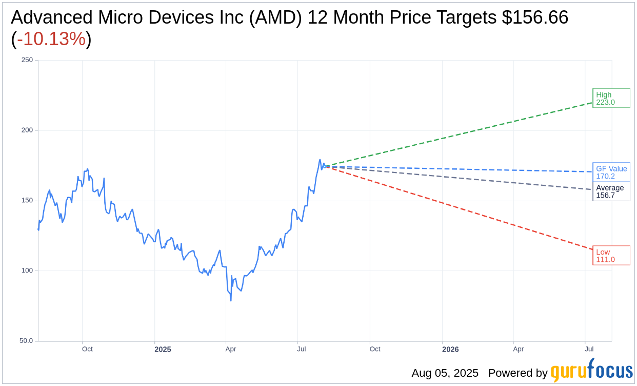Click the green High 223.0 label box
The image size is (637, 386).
tap(611, 98)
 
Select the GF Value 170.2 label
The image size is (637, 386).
tap(611, 172)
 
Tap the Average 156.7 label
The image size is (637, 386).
tap(611, 191)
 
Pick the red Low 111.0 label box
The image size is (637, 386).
tap(611, 255)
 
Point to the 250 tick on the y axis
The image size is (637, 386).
tap(27, 60)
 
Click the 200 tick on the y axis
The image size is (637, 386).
tap(27, 130)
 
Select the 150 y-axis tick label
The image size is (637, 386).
tap(27, 201)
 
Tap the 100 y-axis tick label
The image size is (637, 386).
tap(27, 271)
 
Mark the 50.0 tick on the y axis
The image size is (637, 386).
tap(26, 341)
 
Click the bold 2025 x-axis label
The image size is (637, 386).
tap(163, 350)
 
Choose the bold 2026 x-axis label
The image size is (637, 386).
tap(450, 350)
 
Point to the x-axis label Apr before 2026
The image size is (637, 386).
tap(518, 349)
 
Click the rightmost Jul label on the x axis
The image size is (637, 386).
tap(589, 349)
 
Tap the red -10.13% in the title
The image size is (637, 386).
tap(51, 39)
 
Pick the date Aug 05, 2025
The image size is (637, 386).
tap(445, 373)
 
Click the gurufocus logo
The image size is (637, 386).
tap(591, 371)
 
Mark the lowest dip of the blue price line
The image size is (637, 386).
tap(231, 300)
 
